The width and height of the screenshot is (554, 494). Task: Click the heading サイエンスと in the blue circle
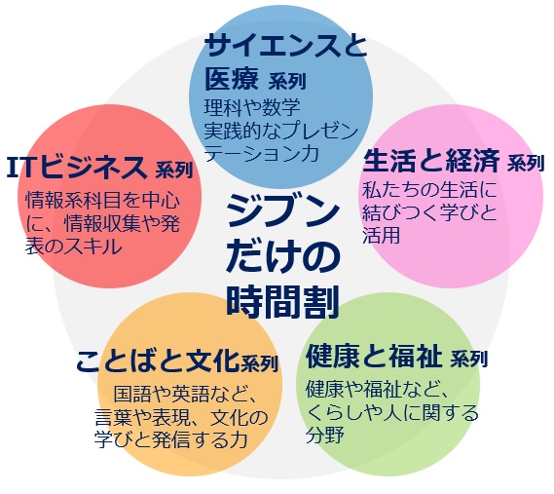(285, 45)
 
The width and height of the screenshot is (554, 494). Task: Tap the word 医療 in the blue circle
(232, 79)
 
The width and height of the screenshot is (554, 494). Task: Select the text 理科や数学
(252, 107)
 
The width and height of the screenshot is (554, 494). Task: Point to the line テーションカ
(262, 154)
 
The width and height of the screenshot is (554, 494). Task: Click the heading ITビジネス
(77, 167)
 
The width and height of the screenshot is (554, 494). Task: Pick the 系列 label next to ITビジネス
(174, 170)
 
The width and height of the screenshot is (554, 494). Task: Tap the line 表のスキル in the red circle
(73, 247)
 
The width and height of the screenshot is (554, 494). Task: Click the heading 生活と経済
(431, 160)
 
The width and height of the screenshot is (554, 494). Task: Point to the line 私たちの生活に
(429, 190)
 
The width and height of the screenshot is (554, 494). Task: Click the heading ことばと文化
(158, 361)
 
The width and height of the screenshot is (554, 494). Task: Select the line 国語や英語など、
(185, 395)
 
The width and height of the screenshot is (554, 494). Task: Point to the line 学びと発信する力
(170, 439)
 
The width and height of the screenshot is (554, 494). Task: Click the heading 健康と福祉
(374, 356)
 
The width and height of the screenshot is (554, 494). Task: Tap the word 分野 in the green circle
(324, 435)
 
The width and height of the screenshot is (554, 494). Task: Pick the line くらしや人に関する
(392, 413)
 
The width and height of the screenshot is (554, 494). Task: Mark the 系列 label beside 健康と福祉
(469, 359)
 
